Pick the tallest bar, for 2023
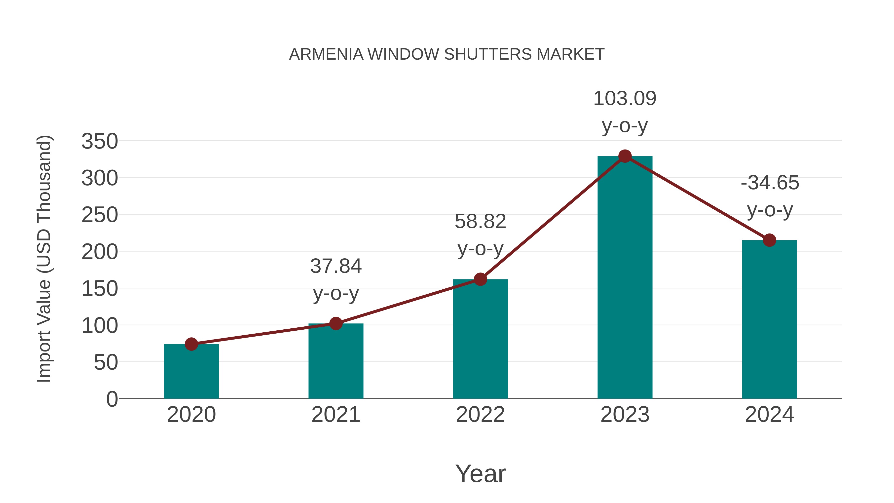point(625,278)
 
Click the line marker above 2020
point(191,344)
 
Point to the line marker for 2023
point(625,156)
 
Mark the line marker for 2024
point(769,240)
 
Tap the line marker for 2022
point(480,279)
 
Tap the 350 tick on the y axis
point(100,141)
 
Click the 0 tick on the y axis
point(112,399)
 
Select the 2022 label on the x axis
point(480,415)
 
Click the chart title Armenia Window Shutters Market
point(447,54)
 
